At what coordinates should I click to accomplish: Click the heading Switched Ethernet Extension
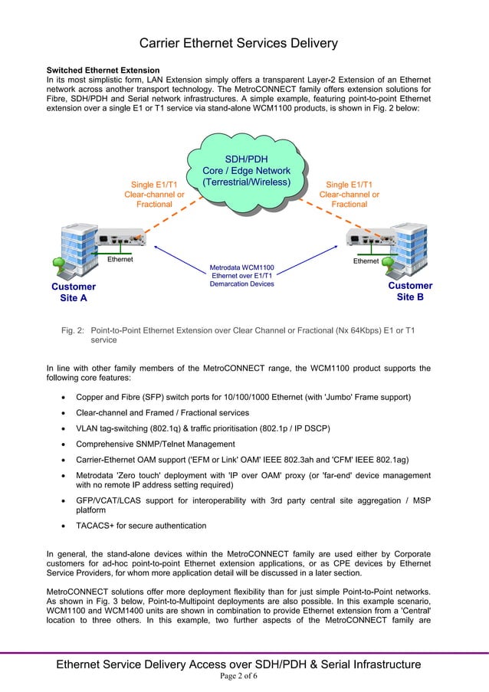click(x=103, y=71)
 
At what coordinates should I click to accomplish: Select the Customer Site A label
click(x=74, y=292)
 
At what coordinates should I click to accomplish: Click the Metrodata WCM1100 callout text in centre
click(x=241, y=276)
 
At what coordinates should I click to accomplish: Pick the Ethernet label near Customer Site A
click(x=120, y=260)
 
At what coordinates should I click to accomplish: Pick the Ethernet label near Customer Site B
click(x=365, y=261)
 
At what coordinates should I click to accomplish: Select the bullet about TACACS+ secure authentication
click(x=140, y=526)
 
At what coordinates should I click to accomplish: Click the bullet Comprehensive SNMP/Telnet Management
click(x=155, y=444)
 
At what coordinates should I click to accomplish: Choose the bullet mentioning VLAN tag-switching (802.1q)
click(x=202, y=428)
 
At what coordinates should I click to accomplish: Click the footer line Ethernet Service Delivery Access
click(x=238, y=664)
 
